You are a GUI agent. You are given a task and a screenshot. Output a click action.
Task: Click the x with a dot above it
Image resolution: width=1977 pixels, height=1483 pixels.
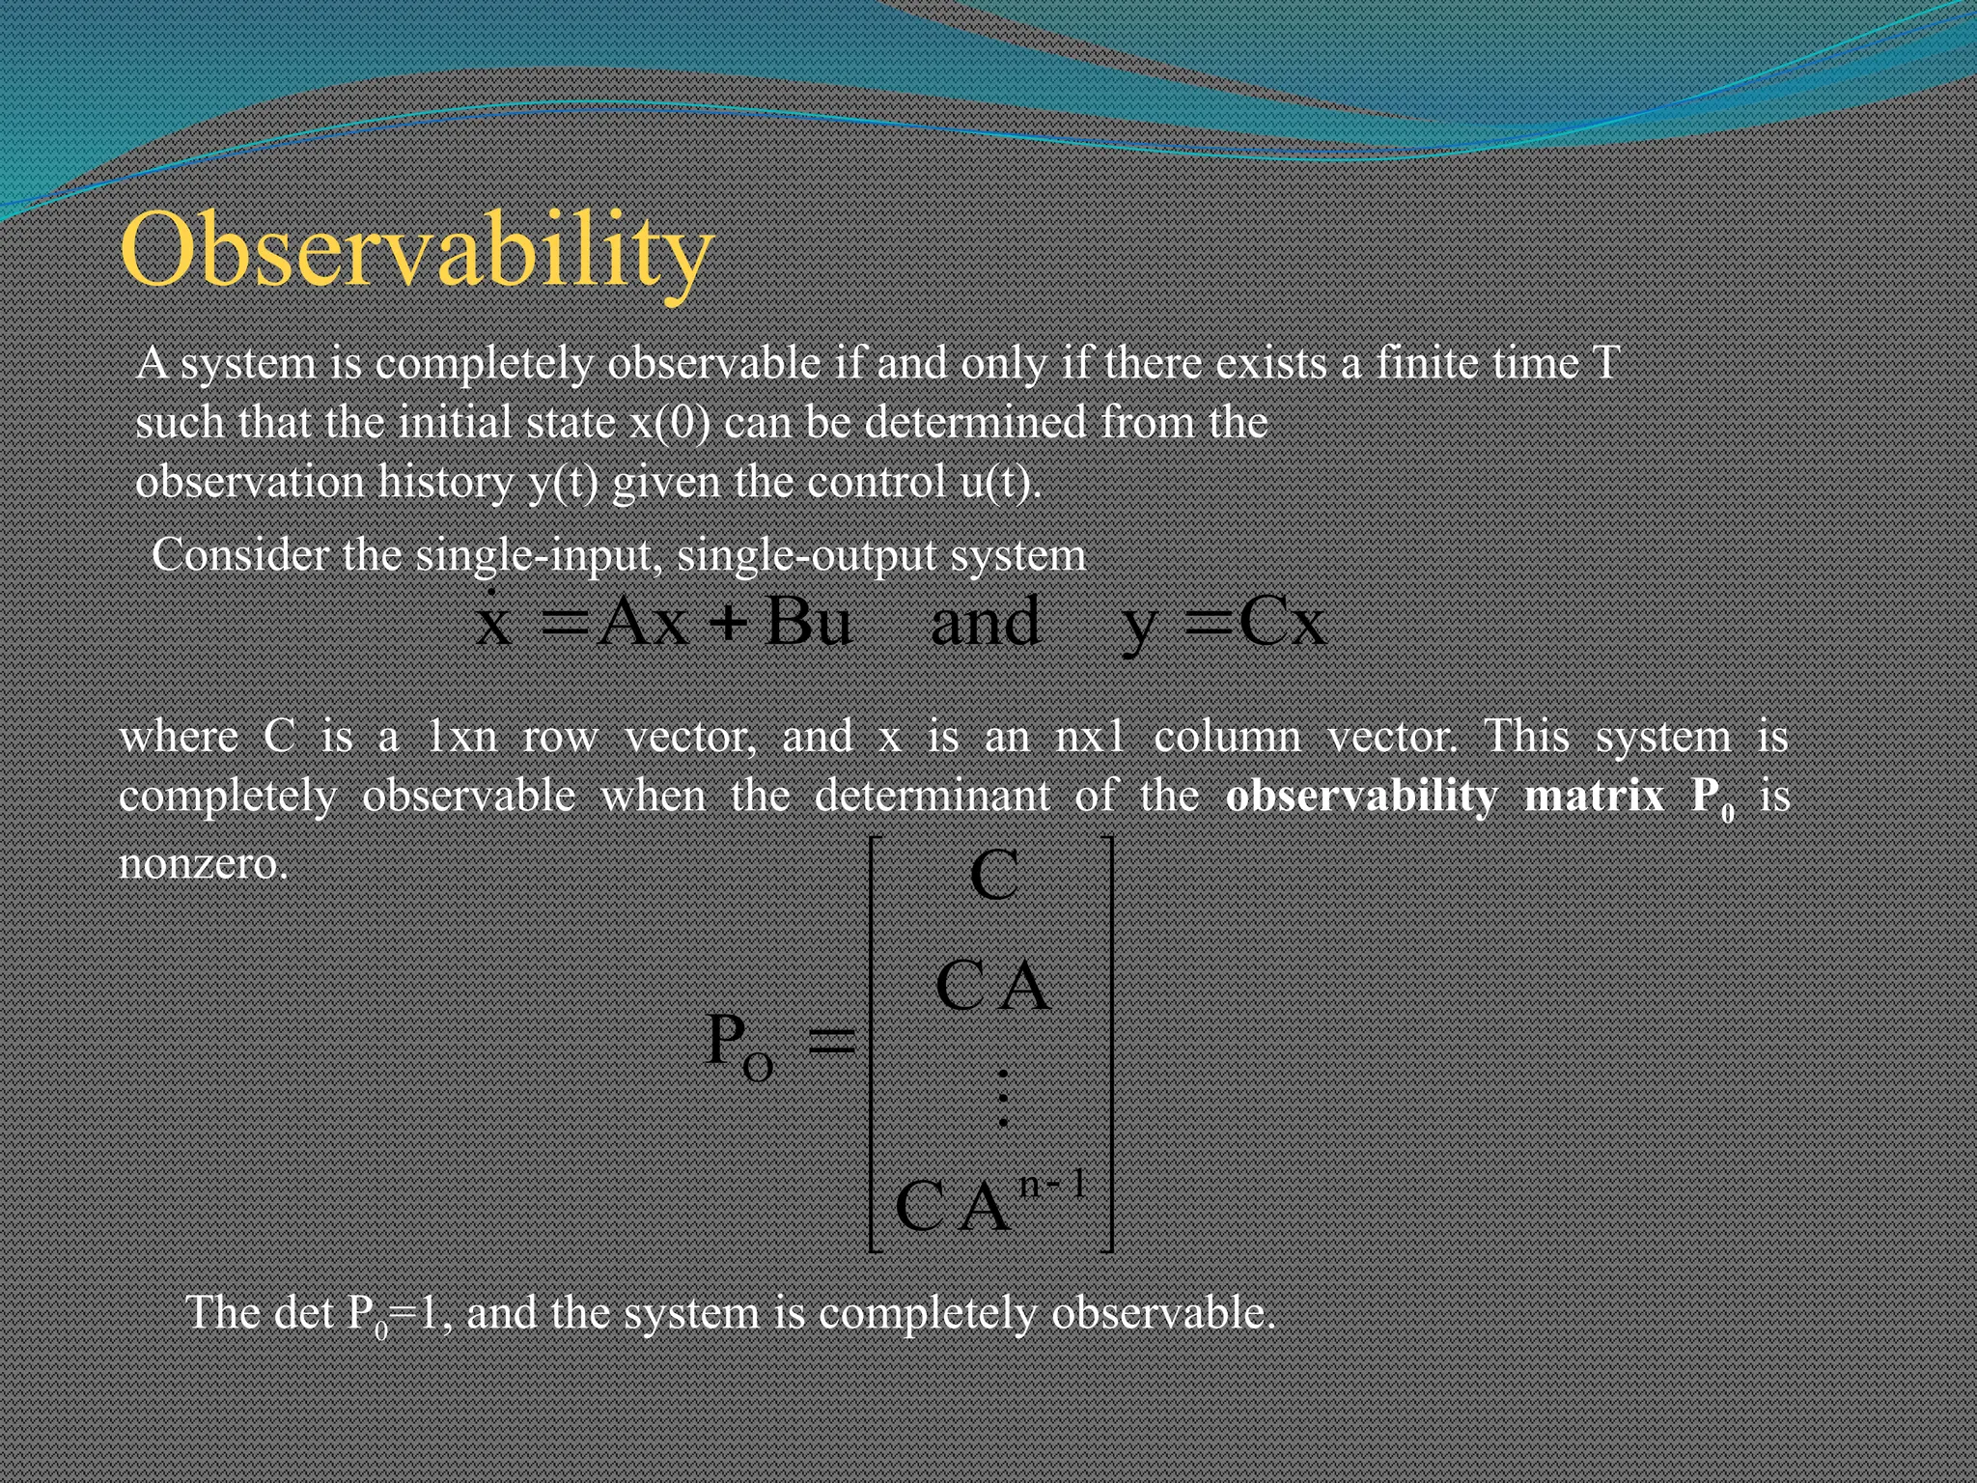(493, 621)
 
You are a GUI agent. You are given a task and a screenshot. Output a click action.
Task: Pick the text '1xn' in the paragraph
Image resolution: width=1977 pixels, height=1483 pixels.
(461, 738)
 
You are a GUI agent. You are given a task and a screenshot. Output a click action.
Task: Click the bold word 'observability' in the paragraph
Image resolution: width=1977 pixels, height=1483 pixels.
(1361, 796)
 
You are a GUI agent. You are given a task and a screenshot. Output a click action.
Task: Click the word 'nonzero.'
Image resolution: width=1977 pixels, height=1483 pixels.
(204, 862)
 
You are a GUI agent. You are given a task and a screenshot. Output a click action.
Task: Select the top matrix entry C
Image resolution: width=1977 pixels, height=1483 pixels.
(993, 876)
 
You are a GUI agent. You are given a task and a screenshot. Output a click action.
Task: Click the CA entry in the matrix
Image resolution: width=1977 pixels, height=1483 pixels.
(992, 987)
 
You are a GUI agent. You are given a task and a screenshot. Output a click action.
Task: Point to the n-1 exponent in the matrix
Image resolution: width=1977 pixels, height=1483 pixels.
(1052, 1184)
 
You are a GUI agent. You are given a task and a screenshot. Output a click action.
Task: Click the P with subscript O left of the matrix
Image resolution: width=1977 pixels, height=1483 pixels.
(738, 1046)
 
